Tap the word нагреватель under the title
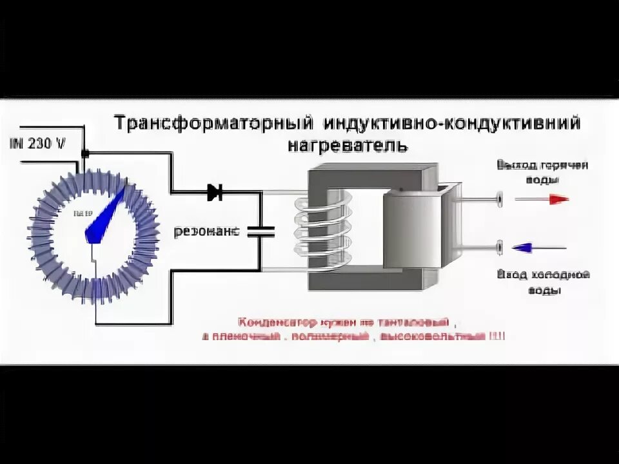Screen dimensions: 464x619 (x=347, y=146)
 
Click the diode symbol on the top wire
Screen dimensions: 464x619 (x=215, y=191)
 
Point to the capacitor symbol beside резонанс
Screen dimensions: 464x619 (x=261, y=231)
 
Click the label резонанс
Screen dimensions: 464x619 (x=206, y=231)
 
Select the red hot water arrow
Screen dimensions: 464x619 (x=542, y=199)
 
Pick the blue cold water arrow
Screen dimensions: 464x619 (x=539, y=247)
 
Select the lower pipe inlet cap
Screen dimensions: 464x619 (x=500, y=247)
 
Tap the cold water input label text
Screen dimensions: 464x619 (x=544, y=282)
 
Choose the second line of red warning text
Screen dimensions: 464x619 (x=353, y=336)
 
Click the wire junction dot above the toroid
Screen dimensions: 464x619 (x=84, y=153)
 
